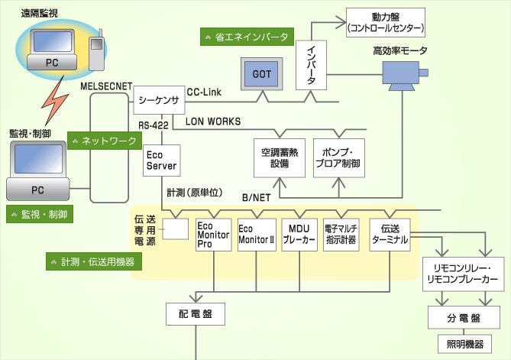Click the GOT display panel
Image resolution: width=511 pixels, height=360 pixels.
pyautogui.click(x=261, y=76)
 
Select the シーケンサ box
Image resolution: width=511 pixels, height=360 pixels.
pyautogui.click(x=159, y=99)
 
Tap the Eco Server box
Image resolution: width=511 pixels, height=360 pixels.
pyautogui.click(x=161, y=160)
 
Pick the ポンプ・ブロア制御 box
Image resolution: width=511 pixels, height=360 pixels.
pyautogui.click(x=339, y=158)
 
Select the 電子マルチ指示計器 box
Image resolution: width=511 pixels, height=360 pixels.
pyautogui.click(x=341, y=233)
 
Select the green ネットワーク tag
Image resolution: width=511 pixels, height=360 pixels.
pyautogui.click(x=103, y=141)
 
